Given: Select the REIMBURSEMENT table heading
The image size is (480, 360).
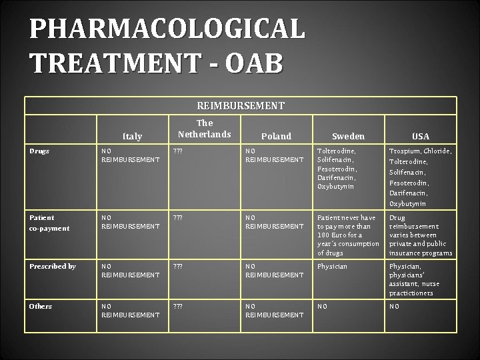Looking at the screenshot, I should point(241,106).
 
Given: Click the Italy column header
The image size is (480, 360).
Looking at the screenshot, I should point(133,136).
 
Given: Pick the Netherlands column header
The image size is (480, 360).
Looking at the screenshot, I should point(205,129).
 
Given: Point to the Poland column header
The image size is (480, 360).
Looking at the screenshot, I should point(276,136).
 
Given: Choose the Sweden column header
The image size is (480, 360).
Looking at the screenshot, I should point(349,136).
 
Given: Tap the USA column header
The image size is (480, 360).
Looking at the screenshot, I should point(420,136).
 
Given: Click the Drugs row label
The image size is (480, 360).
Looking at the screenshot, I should point(39,151).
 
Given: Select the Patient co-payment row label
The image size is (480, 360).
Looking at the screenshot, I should point(49,223).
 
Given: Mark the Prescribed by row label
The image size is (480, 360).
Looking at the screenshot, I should point(52,266).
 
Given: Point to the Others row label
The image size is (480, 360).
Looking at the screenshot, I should point(41,306).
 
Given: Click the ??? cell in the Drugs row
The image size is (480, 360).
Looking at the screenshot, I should point(178,151).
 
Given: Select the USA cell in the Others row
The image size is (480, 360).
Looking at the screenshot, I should point(395,306).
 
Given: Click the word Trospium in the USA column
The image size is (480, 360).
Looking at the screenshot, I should point(404,151).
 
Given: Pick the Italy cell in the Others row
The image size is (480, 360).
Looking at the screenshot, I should point(130,310).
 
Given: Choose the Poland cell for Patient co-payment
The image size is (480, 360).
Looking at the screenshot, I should point(274,222).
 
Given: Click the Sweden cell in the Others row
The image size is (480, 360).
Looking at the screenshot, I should point(322,306).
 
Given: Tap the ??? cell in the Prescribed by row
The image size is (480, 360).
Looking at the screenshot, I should point(178,266).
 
